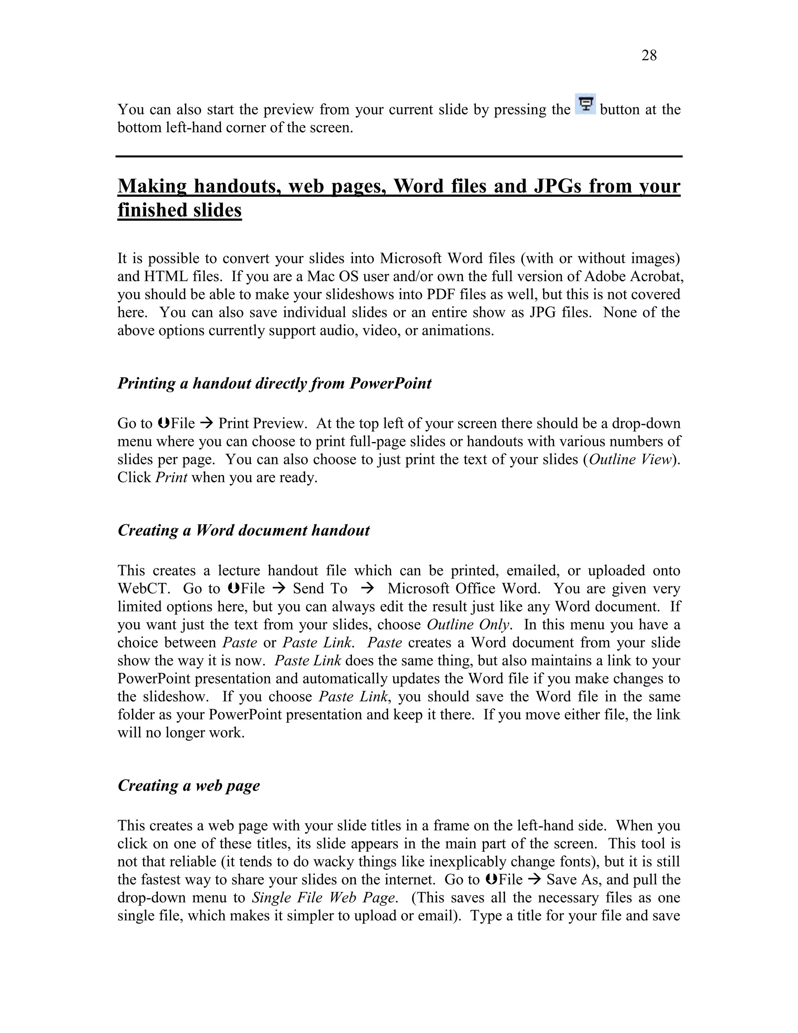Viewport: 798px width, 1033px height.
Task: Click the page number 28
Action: (649, 56)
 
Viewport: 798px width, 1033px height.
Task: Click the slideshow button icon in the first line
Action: (585, 104)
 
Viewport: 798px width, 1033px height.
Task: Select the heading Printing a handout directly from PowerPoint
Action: (274, 383)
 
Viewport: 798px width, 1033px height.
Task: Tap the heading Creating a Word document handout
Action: (244, 530)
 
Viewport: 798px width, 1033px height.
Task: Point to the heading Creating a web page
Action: (189, 785)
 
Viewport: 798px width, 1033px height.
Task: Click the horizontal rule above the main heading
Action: (399, 156)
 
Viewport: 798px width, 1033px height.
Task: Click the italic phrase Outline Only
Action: (468, 624)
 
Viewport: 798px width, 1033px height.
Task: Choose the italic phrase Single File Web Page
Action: (323, 898)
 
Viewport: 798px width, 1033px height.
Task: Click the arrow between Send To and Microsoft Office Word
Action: (367, 588)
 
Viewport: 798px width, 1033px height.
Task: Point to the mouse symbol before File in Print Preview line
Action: (164, 423)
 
